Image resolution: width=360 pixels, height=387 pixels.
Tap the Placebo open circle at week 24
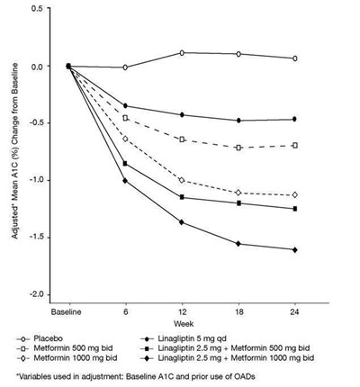tap(295, 58)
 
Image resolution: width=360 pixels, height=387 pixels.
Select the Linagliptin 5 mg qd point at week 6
tap(125, 106)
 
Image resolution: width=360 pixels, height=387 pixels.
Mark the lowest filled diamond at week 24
tap(295, 249)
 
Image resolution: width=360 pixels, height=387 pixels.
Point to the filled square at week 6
tap(125, 164)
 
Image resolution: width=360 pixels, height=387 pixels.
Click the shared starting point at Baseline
tap(68, 66)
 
